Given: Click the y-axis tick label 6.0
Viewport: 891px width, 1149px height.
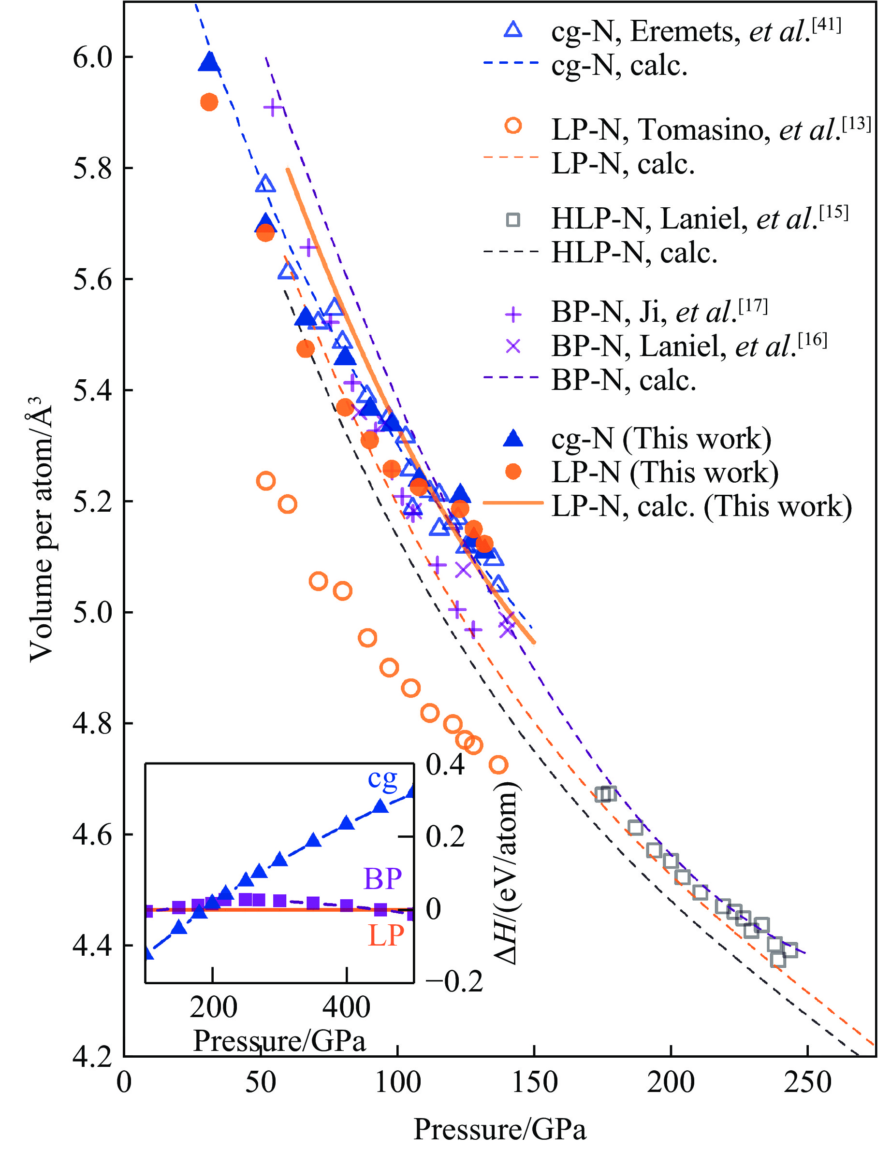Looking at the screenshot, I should (93, 57).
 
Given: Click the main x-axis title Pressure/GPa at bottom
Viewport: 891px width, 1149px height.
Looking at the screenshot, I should (499, 1129).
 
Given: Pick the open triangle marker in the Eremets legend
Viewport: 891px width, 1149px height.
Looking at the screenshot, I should (512, 29).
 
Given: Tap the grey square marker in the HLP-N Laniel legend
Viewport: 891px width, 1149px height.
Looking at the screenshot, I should (512, 220).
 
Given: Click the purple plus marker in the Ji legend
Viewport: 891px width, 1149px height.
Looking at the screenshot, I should (512, 315).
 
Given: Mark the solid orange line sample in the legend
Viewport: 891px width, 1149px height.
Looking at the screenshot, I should (512, 503).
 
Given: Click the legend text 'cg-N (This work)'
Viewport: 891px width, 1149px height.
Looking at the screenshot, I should (661, 438).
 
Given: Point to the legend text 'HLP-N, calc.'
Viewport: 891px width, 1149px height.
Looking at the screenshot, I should (634, 253).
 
